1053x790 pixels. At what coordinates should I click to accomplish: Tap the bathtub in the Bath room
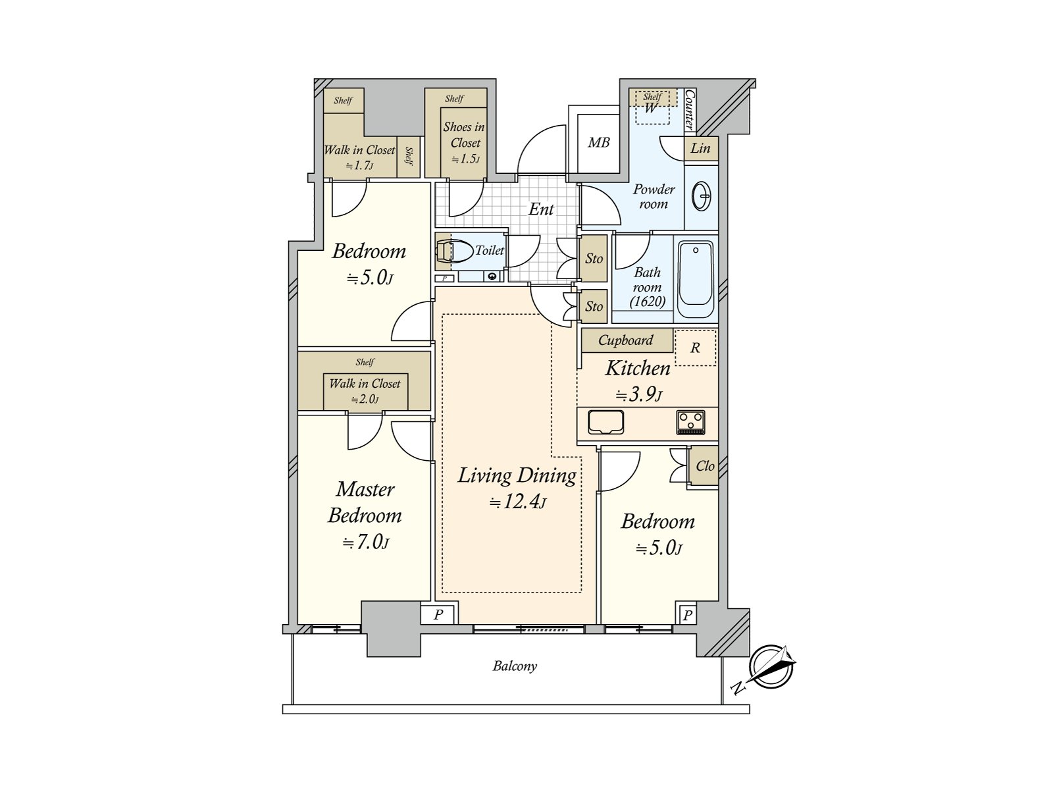(696, 275)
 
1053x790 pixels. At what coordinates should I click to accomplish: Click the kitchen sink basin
(606, 422)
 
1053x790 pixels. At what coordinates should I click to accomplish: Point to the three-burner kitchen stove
(690, 422)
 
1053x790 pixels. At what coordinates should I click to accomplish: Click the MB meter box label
(598, 142)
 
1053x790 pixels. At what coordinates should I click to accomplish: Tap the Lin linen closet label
(700, 148)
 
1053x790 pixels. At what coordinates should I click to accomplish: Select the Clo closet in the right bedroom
(704, 466)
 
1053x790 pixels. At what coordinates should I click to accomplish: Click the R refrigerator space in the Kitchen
(695, 348)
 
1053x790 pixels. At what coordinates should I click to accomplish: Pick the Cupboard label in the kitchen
(625, 340)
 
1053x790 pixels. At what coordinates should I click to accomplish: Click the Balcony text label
(515, 666)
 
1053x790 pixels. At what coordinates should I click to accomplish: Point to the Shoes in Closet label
(464, 135)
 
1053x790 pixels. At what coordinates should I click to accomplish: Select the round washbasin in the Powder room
(702, 196)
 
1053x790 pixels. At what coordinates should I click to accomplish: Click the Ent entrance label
(541, 209)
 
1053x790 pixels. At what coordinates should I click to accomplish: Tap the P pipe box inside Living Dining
(438, 615)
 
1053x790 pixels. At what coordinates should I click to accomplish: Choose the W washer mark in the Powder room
(650, 109)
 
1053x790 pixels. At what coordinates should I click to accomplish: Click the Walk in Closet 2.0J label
(365, 390)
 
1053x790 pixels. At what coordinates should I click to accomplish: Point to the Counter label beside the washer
(690, 109)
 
